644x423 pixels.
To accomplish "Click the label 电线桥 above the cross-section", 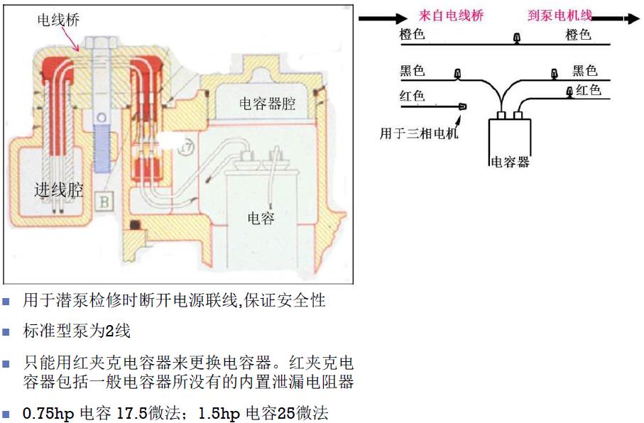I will [x=58, y=20].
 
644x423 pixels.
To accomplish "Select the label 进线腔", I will [x=59, y=189].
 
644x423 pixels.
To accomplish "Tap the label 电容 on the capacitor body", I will [x=261, y=218].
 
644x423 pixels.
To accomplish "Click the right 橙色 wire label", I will [x=579, y=34].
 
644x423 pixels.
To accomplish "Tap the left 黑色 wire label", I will [x=413, y=70].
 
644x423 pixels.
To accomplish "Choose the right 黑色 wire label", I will [x=585, y=70].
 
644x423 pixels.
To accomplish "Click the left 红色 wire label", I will [x=413, y=96].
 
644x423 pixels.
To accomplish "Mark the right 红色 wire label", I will [x=589, y=90].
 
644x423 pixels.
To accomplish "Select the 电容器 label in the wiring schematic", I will [x=510, y=163].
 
